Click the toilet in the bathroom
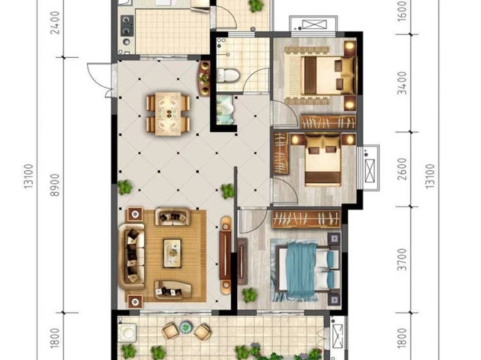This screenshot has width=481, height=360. [x=228, y=75]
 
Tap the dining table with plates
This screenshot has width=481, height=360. [x=168, y=114]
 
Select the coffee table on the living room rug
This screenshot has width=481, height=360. [x=172, y=253]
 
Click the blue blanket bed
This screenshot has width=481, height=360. [x=305, y=272]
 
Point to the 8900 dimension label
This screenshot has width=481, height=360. [x=55, y=184]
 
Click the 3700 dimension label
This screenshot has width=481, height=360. [x=402, y=260]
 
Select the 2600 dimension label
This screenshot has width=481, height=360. [x=402, y=170]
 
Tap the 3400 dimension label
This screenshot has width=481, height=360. [x=402, y=83]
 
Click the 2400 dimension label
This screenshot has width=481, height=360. [x=55, y=22]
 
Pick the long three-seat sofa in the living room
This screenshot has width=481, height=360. [x=131, y=256]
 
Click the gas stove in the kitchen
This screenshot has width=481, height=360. [x=126, y=26]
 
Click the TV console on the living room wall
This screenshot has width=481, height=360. [x=226, y=255]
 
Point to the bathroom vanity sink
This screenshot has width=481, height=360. [x=225, y=110]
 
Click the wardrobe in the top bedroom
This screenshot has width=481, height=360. [x=328, y=122]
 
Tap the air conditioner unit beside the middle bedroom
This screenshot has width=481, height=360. [x=371, y=168]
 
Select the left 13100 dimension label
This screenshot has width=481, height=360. [x=28, y=176]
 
